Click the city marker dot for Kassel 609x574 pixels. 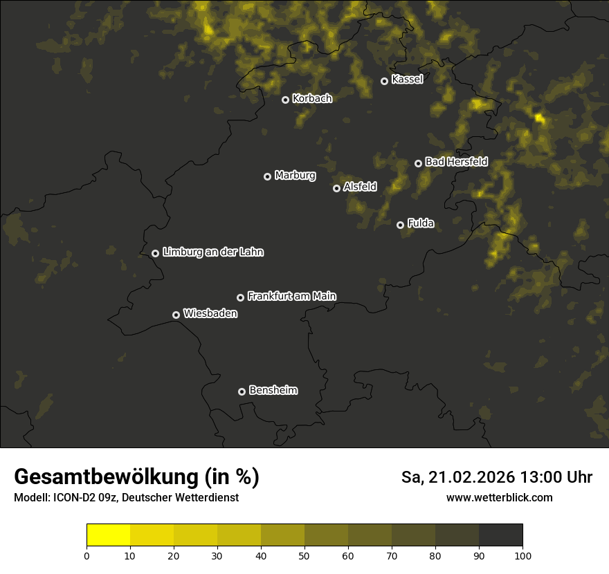384,81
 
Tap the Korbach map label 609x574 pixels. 312,99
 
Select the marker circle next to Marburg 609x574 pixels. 267,176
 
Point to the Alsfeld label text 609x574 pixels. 360,187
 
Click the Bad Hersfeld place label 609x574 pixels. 456,162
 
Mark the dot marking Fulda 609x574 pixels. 400,225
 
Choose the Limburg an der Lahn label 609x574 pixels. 212,252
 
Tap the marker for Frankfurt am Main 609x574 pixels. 240,297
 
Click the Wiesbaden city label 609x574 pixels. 210,314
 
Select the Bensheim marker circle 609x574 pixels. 242,391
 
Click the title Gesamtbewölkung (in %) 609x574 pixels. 136,477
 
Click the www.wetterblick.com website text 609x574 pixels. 499,498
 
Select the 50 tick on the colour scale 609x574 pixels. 304,555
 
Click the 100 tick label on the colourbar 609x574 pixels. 522,555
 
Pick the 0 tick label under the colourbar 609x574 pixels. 87,555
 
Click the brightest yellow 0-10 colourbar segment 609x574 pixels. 108,535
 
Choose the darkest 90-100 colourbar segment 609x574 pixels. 500,535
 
